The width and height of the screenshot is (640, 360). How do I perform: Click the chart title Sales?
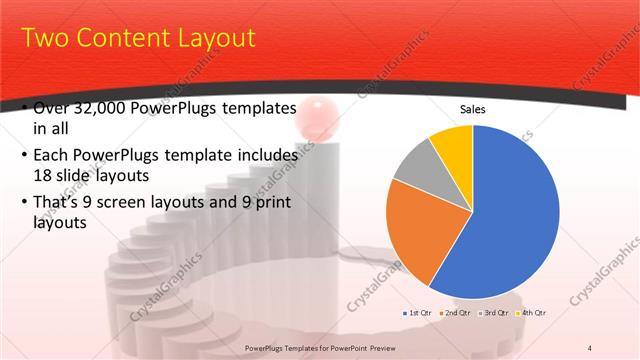pos(472,109)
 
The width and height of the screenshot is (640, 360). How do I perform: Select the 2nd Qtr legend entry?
pos(455,313)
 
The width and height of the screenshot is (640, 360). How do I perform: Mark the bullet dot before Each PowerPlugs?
pos(23,156)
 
